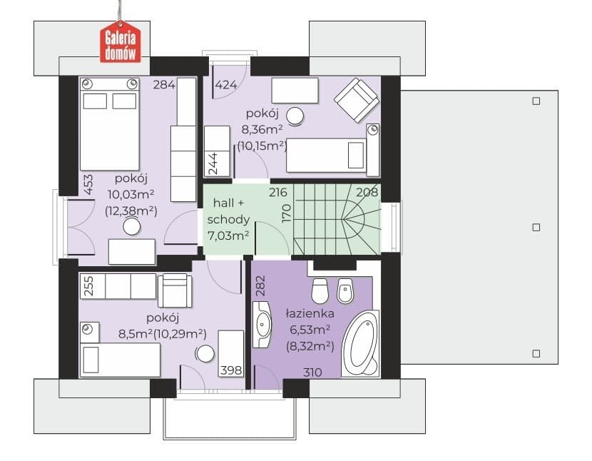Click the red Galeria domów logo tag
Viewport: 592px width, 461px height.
[x=120, y=41]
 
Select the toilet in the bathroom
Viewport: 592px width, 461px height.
[x=320, y=290]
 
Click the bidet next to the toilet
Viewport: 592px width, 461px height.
[x=345, y=291]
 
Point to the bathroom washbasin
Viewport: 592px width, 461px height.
[x=262, y=324]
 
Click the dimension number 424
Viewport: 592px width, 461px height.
[x=226, y=85]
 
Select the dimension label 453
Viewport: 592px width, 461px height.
[x=88, y=184]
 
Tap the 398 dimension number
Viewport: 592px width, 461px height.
[x=231, y=370]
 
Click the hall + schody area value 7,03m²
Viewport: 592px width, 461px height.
[x=228, y=235]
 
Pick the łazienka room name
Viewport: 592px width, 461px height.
[x=310, y=313]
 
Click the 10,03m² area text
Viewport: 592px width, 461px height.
[x=131, y=195]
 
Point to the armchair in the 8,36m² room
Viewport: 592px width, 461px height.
[x=357, y=100]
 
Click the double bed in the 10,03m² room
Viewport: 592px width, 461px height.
[x=110, y=124]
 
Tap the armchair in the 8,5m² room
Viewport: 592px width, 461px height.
[x=175, y=290]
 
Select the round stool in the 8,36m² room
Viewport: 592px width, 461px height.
[x=295, y=116]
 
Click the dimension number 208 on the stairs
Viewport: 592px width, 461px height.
[x=367, y=193]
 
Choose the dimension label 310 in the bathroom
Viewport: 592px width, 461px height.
[x=312, y=373]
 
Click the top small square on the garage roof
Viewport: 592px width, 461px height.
[x=536, y=101]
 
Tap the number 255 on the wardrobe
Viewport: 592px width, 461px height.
[x=88, y=286]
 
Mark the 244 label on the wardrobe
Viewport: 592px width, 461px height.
[x=213, y=163]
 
